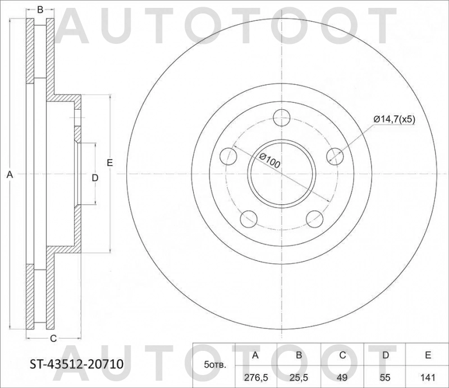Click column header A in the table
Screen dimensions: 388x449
[255, 355]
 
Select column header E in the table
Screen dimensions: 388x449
[427, 355]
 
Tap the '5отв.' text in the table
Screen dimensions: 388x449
[216, 366]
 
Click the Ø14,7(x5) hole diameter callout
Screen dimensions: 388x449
[395, 119]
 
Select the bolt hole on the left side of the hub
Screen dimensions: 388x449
[230, 156]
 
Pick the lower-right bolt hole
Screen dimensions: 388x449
[315, 218]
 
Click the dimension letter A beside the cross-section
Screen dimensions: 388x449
[9, 175]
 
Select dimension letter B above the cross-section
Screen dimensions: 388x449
[40, 10]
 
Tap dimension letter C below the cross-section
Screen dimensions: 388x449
[53, 339]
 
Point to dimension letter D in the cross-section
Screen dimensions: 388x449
[95, 178]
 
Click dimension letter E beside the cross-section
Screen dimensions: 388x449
[110, 163]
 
